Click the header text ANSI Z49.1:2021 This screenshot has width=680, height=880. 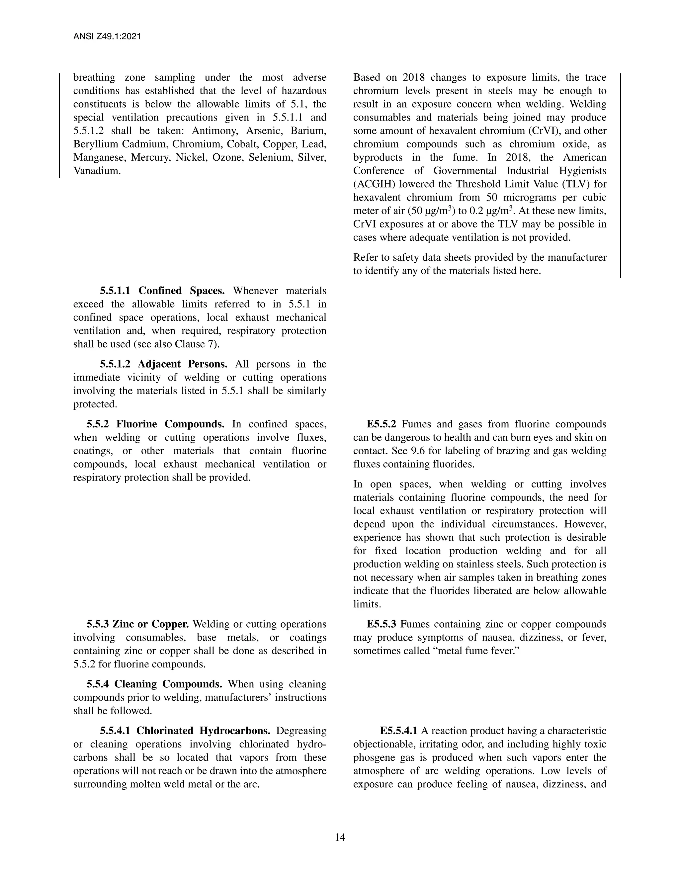[107, 37]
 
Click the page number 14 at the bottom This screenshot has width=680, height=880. [340, 837]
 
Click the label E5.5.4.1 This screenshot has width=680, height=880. [398, 731]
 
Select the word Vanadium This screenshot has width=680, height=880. [97, 170]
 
